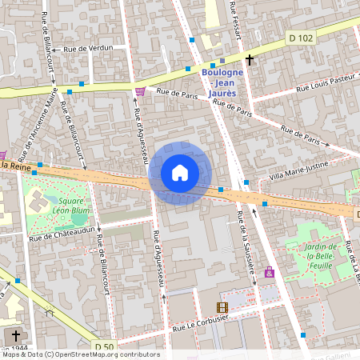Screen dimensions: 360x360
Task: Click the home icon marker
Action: (180, 173)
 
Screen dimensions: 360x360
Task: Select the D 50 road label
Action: (104, 346)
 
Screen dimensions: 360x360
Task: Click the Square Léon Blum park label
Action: (58, 206)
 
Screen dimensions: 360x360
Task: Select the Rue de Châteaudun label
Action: (56, 237)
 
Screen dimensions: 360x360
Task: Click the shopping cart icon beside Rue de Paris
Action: (141, 91)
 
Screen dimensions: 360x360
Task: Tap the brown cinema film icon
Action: (222, 307)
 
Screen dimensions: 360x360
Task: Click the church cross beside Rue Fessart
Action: (250, 60)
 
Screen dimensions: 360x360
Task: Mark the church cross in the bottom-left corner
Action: (16, 335)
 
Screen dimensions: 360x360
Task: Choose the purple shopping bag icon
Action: (270, 273)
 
